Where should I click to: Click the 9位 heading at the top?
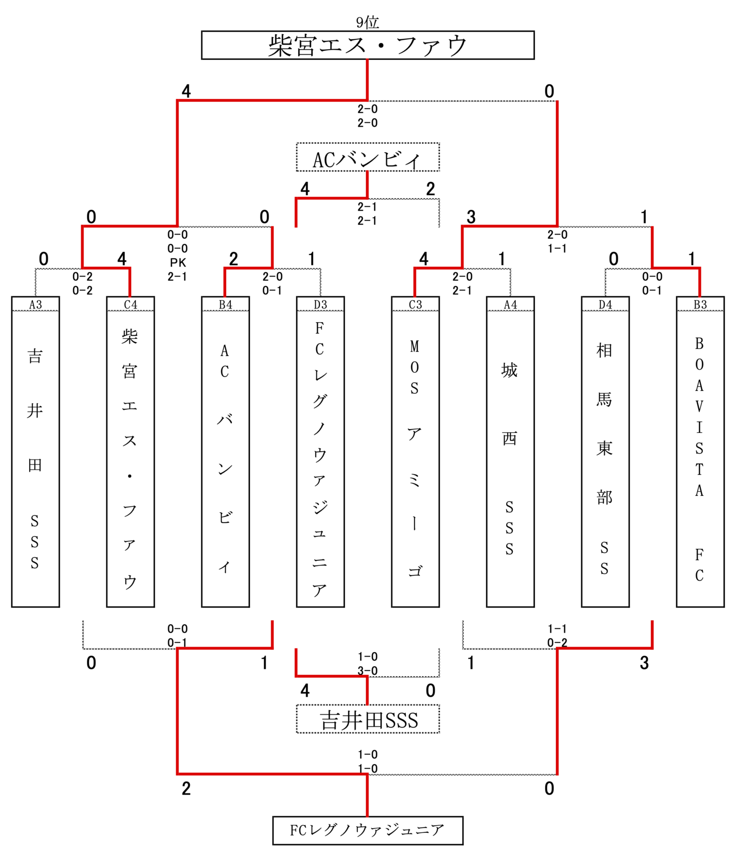click(x=367, y=22)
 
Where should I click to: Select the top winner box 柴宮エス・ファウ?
click(x=367, y=45)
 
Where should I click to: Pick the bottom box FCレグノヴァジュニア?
click(x=367, y=830)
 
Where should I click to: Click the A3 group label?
click(x=35, y=305)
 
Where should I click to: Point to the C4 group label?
click(x=131, y=305)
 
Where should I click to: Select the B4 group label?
click(x=225, y=305)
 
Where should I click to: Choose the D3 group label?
click(x=320, y=305)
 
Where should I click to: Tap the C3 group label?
click(x=415, y=305)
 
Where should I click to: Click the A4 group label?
click(x=510, y=305)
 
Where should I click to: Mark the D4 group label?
click(x=605, y=305)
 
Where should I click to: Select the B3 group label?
click(x=700, y=305)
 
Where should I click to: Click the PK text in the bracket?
click(x=178, y=263)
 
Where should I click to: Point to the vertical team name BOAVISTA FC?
click(x=700, y=458)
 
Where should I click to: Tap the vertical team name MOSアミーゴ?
click(x=415, y=458)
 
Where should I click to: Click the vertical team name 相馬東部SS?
click(x=604, y=458)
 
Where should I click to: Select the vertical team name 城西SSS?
click(x=509, y=458)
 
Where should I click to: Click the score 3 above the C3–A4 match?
click(x=471, y=217)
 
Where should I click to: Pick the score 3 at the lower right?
click(x=644, y=663)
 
